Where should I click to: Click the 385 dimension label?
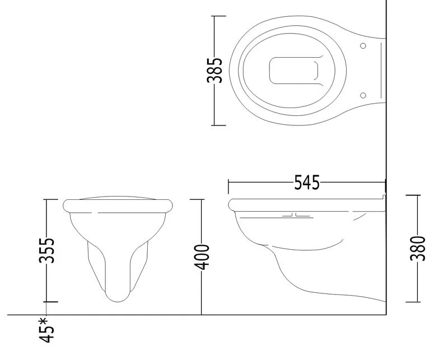(x=214, y=71)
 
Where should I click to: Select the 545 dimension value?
(x=307, y=183)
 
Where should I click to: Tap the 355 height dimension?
(x=46, y=250)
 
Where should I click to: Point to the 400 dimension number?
(x=202, y=257)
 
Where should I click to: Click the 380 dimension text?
(x=417, y=248)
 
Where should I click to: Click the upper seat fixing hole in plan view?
(x=363, y=46)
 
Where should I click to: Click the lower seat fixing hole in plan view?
(x=363, y=95)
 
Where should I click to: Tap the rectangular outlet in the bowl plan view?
(x=293, y=71)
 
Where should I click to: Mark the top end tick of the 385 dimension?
(x=218, y=16)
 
